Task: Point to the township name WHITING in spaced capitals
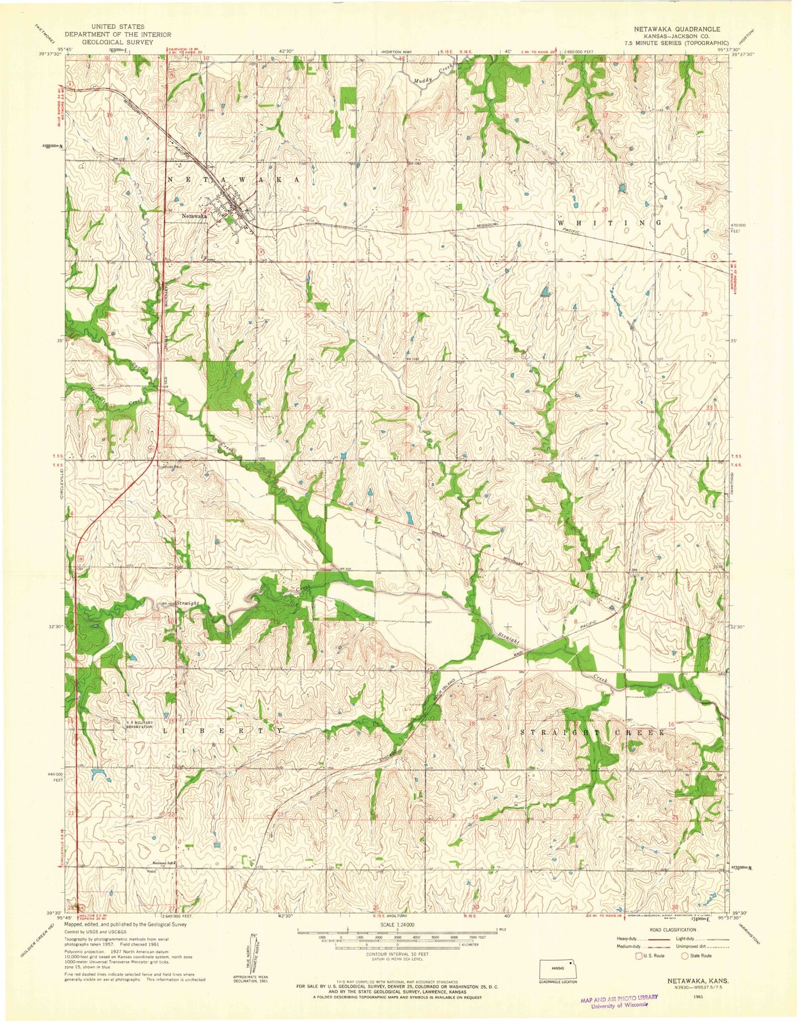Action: [609, 222]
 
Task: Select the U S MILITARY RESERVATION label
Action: [138, 725]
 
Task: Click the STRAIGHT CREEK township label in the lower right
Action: [598, 733]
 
